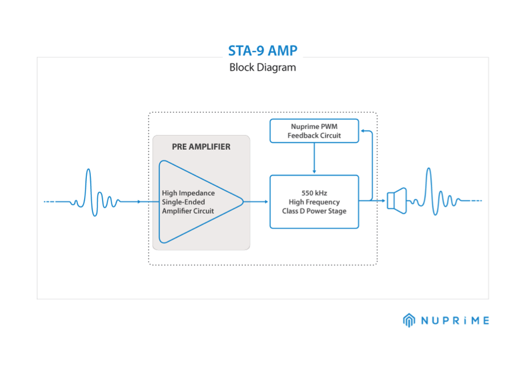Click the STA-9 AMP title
coord(262,50)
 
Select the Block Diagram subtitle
coord(262,67)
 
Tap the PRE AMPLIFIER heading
coord(201,146)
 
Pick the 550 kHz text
coord(315,193)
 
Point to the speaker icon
coord(397,201)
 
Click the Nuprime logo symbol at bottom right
coord(409,320)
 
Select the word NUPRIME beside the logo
coord(455,320)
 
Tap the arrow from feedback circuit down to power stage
coord(315,158)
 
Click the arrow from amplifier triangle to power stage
coord(256,202)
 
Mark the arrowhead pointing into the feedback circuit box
coord(362,131)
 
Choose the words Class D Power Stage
coord(315,211)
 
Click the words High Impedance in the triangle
coord(188,193)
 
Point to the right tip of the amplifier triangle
coord(243,202)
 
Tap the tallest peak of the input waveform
coord(88,169)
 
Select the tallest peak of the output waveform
coord(428,168)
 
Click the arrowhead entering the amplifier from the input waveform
coord(139,202)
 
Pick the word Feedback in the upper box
coord(302,136)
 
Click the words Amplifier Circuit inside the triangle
coord(188,211)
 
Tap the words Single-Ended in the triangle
coord(183,202)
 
